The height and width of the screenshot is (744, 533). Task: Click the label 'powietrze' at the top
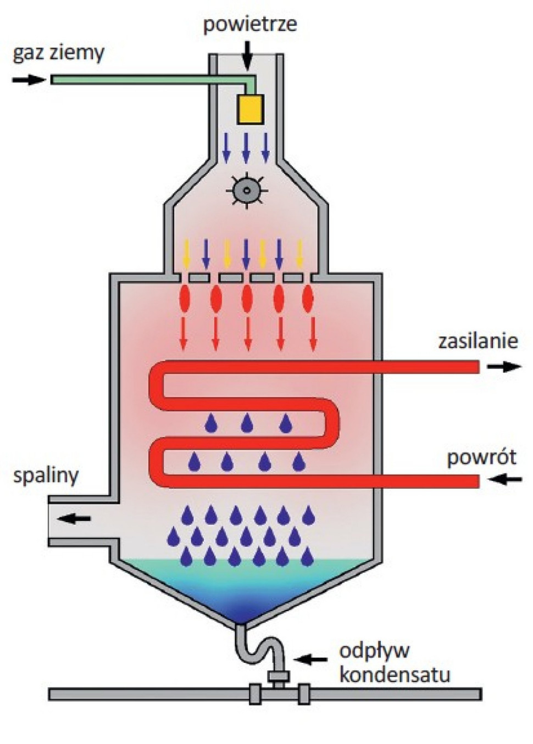pos(250,25)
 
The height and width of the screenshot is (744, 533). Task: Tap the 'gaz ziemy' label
pos(58,53)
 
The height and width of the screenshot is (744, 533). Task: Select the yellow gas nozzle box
pos(250,109)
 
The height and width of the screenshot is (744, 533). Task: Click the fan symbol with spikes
pos(247,191)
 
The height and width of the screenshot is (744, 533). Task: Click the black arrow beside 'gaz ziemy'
pos(29,80)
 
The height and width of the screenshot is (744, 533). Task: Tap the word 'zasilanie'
pos(478,341)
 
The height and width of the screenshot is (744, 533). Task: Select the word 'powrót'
pos(481,457)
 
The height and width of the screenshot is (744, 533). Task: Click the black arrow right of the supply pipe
pos(504,367)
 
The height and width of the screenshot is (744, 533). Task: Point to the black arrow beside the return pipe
pos(506,480)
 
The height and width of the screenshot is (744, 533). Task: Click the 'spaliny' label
pos(46,476)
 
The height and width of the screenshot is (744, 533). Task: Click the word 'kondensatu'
pos(395,675)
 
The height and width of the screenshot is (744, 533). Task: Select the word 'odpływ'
pos(374,651)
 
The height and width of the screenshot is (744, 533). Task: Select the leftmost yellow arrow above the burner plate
pos(186,253)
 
